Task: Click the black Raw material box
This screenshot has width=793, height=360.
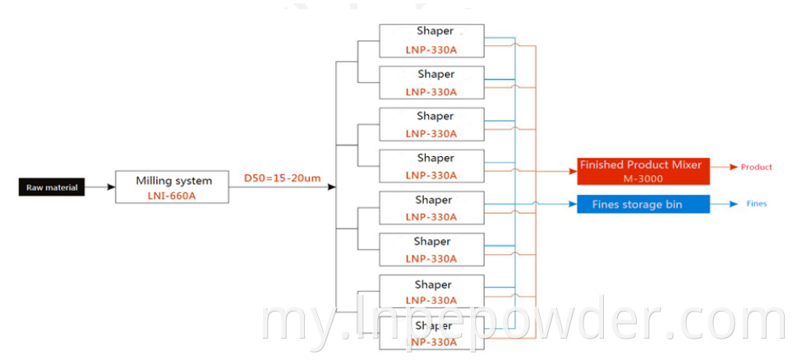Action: coord(52,187)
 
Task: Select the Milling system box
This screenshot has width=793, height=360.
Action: coord(173,187)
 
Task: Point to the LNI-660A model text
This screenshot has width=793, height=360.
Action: coord(173,195)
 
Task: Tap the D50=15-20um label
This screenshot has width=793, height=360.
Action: coord(281,177)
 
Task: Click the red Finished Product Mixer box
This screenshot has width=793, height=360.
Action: coord(640,172)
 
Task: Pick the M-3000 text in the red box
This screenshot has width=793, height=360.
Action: coord(641,178)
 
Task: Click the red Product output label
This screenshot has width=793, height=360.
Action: coord(756,167)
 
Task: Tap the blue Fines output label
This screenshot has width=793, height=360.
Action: coord(756,204)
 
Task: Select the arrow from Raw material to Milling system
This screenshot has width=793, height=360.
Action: coord(100,187)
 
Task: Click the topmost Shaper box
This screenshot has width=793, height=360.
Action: coord(431,40)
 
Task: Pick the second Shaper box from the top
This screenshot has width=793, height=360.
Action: coord(431,82)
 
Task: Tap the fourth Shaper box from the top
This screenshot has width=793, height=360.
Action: coord(431,166)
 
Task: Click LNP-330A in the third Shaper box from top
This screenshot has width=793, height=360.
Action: coord(431,133)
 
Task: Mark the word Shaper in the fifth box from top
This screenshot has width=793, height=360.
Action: coord(433,200)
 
